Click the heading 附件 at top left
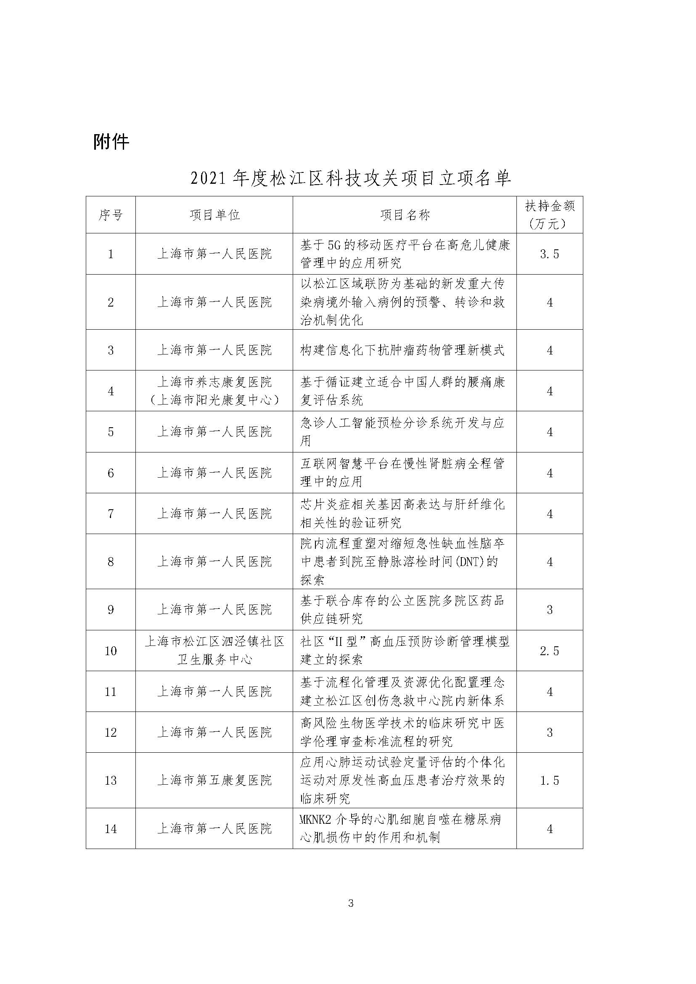(x=111, y=141)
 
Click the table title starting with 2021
(x=351, y=178)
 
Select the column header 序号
(x=111, y=215)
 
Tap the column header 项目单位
(x=214, y=215)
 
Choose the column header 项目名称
(x=405, y=215)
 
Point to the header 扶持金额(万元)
(x=549, y=215)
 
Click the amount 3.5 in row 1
(x=549, y=254)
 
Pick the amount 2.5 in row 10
(x=549, y=651)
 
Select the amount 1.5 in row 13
(x=549, y=780)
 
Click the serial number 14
(x=111, y=829)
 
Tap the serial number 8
(x=111, y=561)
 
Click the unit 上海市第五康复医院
(x=214, y=780)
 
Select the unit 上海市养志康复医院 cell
(x=214, y=391)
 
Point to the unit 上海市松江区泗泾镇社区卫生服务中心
(x=214, y=651)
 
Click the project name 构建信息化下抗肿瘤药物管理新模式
(x=402, y=350)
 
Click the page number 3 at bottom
(x=351, y=903)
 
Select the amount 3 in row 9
(x=549, y=610)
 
